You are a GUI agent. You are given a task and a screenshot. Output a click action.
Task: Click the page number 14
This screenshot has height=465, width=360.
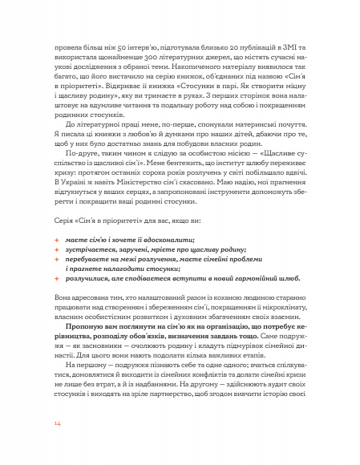coord(57,423)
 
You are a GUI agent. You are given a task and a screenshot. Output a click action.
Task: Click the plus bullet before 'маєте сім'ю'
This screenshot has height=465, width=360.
coord(57,240)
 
